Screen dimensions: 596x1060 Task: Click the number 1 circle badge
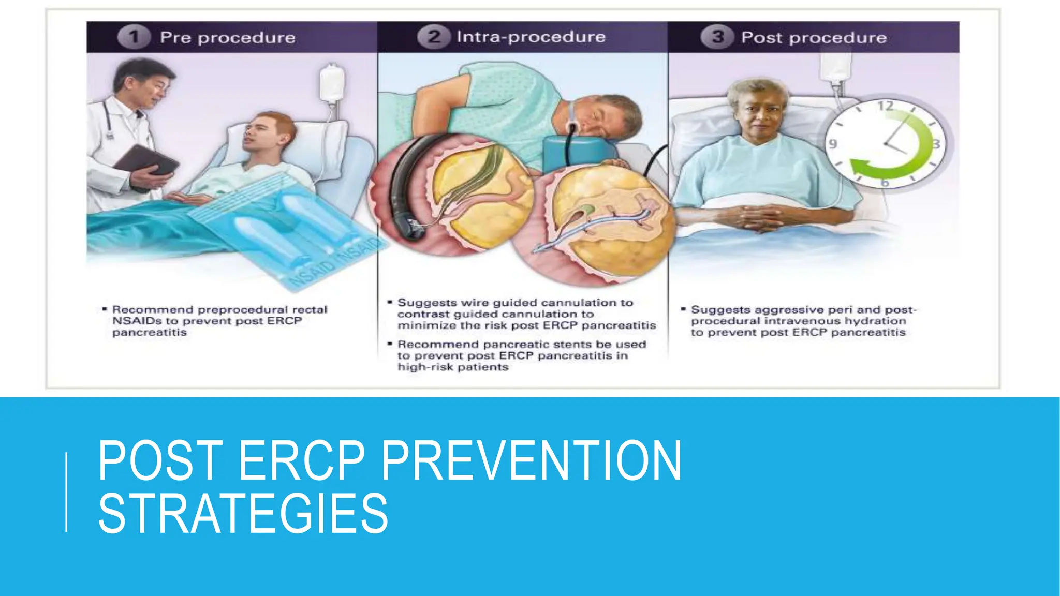coord(134,37)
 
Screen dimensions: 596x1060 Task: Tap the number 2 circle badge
coord(434,37)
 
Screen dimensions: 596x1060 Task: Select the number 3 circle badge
coord(717,37)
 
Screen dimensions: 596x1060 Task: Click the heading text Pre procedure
coord(228,38)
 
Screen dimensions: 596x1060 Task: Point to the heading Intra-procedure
coord(531,37)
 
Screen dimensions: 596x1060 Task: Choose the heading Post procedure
coord(814,38)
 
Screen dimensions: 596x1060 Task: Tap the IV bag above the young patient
coord(332,83)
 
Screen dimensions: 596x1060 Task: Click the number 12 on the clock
coord(886,106)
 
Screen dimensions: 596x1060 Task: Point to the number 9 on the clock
coord(833,143)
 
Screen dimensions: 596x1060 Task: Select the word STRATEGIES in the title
coord(243,513)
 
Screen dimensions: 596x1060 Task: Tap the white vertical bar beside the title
coord(66,491)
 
